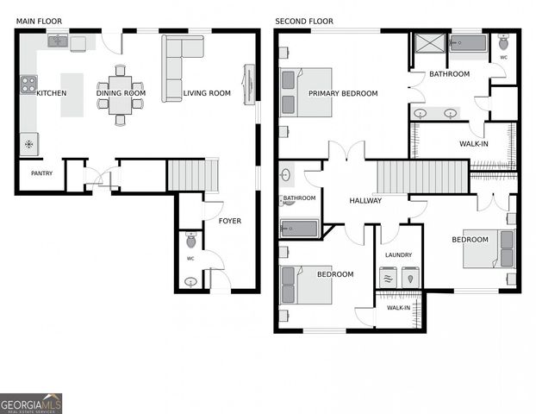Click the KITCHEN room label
51,93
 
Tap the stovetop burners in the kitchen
28,85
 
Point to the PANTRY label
41,173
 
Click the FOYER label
230,221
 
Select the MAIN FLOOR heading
38,21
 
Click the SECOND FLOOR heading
304,21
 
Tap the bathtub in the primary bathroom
469,43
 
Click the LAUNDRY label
398,255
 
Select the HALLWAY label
365,201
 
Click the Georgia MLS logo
31,404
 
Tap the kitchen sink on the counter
57,41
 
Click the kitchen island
72,95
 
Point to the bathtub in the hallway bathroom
298,229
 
